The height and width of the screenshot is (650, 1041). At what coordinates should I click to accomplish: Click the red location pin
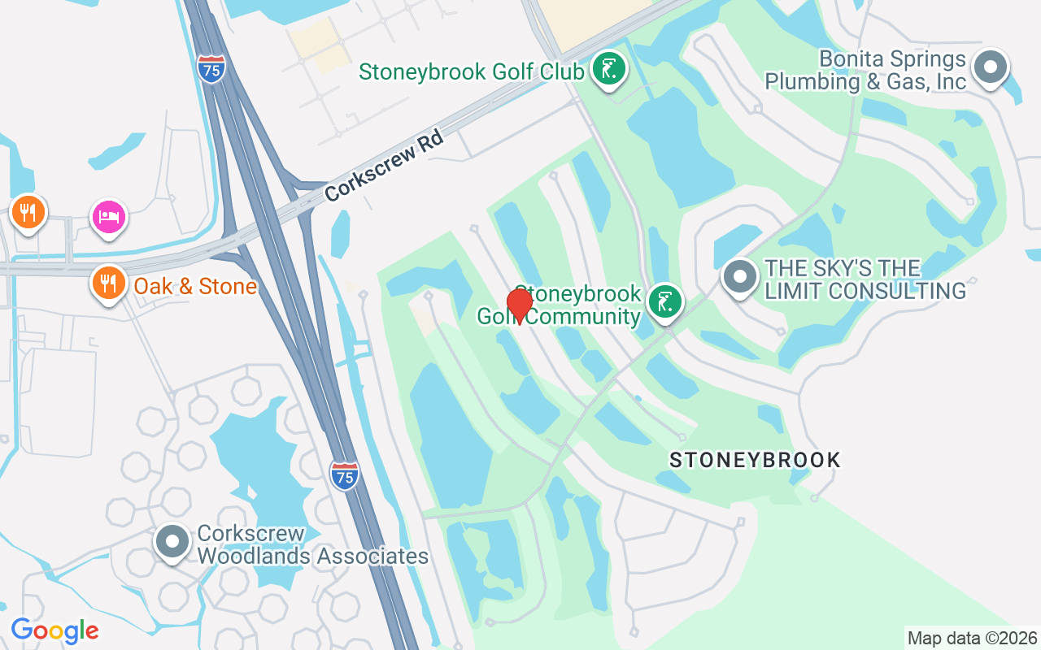pos(520,305)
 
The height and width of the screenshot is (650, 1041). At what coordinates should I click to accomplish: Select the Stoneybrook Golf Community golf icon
pos(665,302)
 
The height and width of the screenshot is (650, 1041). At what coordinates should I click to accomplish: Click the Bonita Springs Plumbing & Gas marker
pos(991,68)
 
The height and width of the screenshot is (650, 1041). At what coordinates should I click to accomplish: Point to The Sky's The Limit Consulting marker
pos(740,277)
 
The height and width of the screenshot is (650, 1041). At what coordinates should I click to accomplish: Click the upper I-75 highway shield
pos(211,70)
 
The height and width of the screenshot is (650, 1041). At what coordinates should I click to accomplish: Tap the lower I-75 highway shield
pos(345,475)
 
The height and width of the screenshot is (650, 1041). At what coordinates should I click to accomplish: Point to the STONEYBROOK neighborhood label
pos(755,460)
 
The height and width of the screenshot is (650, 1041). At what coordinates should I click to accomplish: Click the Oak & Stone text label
pos(195,286)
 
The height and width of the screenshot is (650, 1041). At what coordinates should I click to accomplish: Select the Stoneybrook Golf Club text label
pos(472,71)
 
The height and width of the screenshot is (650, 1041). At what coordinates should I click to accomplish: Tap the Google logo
pos(54,630)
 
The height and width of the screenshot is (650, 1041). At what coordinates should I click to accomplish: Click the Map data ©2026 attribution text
pos(972,638)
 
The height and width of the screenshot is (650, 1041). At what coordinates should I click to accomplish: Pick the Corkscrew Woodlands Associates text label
pos(312,545)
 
